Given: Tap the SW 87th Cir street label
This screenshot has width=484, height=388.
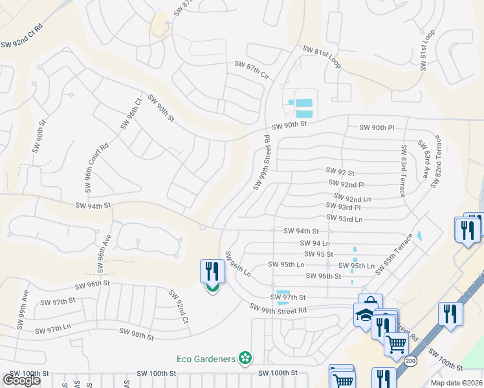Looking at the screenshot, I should [251, 70].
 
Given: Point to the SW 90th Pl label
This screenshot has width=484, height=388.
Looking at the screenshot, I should [377, 128].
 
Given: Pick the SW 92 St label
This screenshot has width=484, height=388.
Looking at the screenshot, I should [340, 173].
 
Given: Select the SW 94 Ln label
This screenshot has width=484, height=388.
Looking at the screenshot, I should [314, 242].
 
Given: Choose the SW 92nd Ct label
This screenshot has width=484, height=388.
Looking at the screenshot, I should [179, 307].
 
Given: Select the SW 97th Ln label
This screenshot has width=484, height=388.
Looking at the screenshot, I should [52, 330].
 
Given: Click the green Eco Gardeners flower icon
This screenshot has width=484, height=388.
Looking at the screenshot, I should [245, 358].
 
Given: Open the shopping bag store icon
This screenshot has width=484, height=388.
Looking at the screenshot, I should [370, 303].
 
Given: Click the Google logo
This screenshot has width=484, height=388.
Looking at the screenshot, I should [21, 380].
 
